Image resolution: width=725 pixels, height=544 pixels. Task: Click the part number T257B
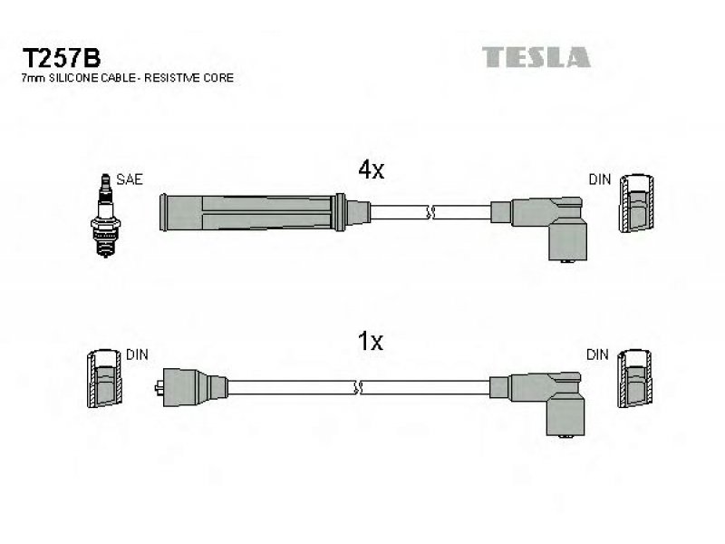(61, 59)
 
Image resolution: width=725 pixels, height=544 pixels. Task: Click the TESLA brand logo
(536, 57)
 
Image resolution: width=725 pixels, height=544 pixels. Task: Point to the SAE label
(130, 180)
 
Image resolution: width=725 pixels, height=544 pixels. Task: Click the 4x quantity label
(371, 170)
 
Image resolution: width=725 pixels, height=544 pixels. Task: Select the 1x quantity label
(371, 342)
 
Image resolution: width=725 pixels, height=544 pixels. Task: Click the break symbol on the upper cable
(431, 213)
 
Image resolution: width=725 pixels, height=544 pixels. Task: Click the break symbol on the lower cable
(357, 388)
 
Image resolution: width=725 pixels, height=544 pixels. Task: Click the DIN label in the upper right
(600, 180)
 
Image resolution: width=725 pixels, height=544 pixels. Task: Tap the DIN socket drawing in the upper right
(637, 203)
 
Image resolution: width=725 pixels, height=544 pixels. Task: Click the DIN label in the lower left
(137, 355)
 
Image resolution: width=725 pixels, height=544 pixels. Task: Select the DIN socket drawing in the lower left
(105, 378)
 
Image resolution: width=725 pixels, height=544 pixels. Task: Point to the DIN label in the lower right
(597, 355)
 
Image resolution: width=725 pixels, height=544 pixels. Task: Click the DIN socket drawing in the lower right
(635, 378)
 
